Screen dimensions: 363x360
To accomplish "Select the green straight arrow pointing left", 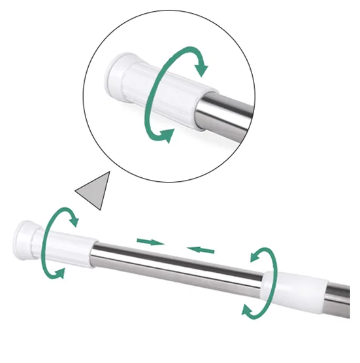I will (x=201, y=249).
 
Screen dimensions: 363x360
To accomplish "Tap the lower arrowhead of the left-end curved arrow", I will (x=61, y=274).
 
